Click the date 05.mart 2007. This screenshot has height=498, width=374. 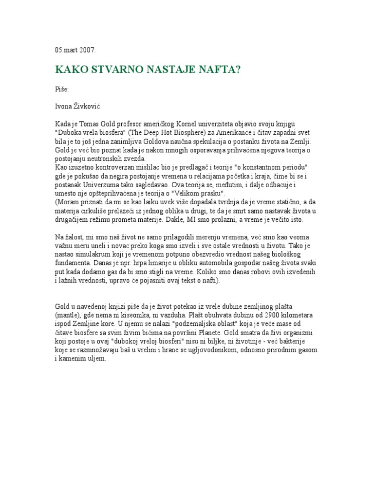[x=75, y=50]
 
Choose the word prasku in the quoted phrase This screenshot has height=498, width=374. [x=203, y=193]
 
